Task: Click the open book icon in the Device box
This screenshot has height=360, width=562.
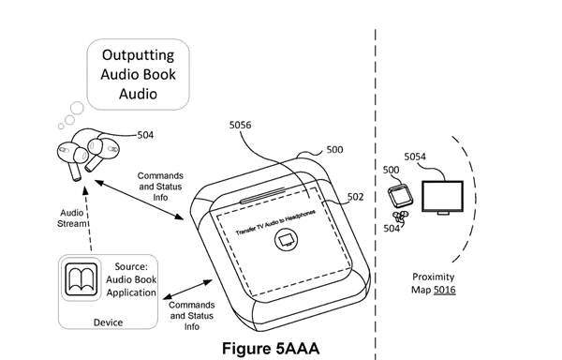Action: coord(81,278)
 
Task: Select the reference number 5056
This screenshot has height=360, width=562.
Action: coord(240,125)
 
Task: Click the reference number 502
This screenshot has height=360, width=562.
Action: coord(355,197)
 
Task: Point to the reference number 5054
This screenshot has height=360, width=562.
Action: coord(415,157)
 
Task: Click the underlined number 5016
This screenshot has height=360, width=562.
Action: coord(444,290)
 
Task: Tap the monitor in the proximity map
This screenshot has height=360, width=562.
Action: coord(443,198)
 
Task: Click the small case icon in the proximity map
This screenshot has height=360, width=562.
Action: coord(400,195)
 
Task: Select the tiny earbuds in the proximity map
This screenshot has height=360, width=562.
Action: coord(400,216)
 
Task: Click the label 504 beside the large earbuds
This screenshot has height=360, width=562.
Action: coord(145,135)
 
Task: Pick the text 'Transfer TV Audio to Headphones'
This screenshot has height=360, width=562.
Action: coord(275,222)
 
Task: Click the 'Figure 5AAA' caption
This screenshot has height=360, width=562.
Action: coord(271,348)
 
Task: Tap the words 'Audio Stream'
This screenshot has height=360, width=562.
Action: coord(72,218)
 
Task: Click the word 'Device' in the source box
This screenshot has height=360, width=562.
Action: coord(108,322)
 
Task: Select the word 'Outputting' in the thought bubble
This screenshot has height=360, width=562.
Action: coord(138,55)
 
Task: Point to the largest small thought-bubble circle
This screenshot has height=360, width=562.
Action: coord(77,108)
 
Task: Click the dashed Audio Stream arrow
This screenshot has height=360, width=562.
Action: coord(88,218)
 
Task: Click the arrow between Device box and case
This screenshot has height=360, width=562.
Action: coord(188,289)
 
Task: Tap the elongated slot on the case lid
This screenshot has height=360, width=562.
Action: coord(262,195)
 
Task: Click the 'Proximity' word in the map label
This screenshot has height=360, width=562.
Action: coord(434,277)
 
